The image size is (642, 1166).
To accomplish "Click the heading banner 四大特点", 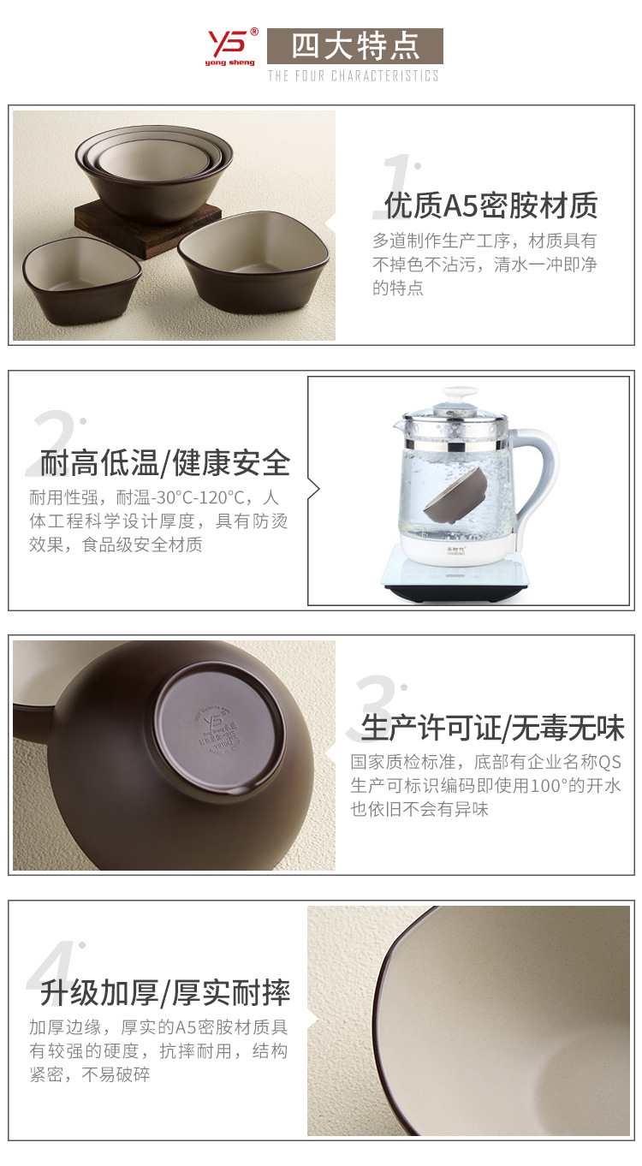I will [354, 46].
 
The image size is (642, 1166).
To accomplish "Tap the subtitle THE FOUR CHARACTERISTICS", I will [353, 76].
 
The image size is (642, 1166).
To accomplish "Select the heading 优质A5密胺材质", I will [490, 205].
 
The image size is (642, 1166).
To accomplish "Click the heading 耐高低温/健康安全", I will [165, 463].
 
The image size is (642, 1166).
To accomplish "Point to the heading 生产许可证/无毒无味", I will [492, 728].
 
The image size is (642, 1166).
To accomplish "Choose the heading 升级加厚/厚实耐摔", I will [165, 993].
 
